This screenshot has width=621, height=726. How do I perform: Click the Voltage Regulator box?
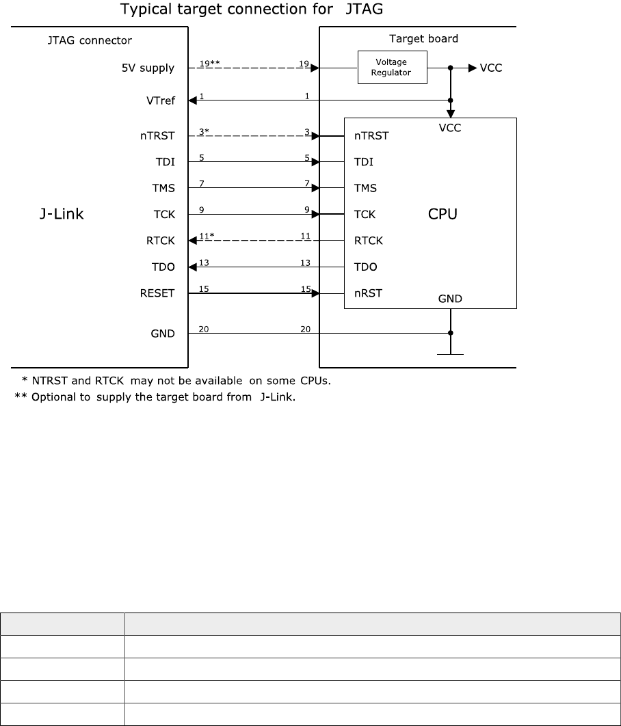[391, 68]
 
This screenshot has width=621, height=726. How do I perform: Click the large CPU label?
[442, 214]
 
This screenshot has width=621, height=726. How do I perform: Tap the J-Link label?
[60, 214]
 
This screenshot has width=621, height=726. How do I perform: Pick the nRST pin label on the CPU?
[368, 293]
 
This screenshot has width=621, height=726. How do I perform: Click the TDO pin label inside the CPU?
[365, 267]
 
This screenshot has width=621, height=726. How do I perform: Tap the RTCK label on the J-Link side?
[161, 241]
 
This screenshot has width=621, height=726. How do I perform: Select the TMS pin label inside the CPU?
[365, 188]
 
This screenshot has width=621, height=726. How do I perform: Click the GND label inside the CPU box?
[450, 298]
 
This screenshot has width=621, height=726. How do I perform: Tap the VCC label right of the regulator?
[491, 68]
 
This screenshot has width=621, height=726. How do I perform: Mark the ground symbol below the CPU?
[450, 354]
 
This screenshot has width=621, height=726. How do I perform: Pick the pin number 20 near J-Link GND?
[204, 329]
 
